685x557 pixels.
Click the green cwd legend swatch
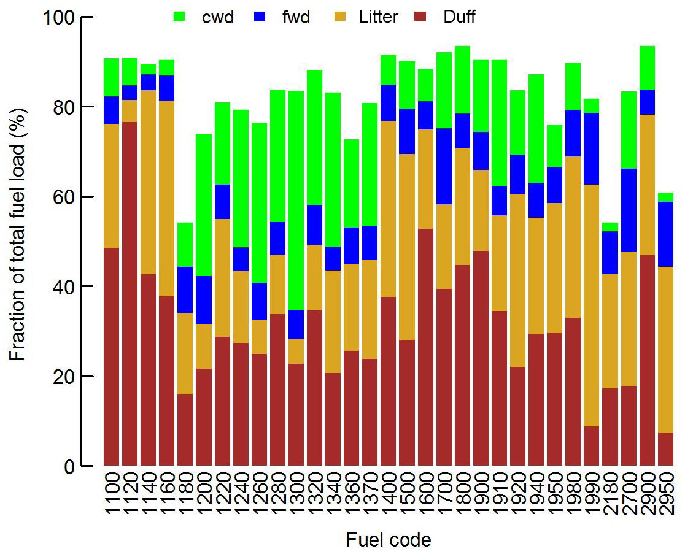180,17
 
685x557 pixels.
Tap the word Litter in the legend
377,17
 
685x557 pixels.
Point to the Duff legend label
459,17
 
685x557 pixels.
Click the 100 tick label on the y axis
60,17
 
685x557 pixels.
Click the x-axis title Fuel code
389,540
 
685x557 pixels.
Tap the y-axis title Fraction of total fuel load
18,242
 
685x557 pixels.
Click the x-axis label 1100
112,495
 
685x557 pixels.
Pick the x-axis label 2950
666,495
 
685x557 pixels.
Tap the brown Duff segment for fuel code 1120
130,294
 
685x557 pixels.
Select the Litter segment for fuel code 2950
666,350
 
